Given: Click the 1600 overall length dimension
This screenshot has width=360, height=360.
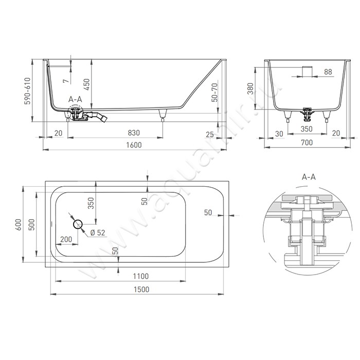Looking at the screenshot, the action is (x=134, y=145).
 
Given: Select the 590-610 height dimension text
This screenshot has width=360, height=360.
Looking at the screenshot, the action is (x=28, y=91).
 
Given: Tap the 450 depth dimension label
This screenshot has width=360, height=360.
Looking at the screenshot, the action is (x=86, y=84).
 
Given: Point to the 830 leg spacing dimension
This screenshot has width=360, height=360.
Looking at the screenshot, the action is (x=134, y=133).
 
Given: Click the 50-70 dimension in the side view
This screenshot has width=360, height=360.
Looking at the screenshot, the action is (x=214, y=93).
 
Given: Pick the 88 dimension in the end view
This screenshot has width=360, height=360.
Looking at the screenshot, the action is (x=328, y=72).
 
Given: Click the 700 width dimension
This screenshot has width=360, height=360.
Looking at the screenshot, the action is (x=307, y=142).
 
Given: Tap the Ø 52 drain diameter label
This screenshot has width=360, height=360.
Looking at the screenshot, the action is (x=98, y=232).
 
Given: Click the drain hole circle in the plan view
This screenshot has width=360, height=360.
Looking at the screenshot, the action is (x=78, y=224).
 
